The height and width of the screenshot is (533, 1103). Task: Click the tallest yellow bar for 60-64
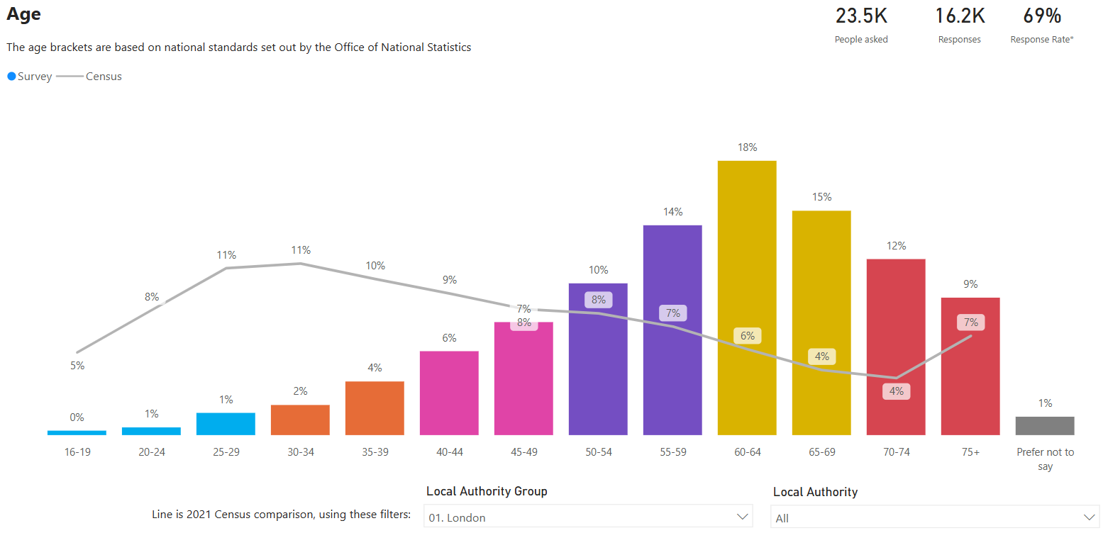click(x=747, y=248)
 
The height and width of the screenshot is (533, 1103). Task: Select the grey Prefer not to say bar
click(x=1045, y=425)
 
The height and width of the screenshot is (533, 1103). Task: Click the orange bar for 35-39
click(x=375, y=408)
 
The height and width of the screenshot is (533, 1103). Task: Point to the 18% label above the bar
click(x=747, y=147)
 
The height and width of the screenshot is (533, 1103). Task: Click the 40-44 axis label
click(x=449, y=452)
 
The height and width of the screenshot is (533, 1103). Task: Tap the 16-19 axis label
click(x=77, y=452)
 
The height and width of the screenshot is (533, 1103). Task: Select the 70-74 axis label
click(x=896, y=452)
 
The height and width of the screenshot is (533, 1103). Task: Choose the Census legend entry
click(x=103, y=77)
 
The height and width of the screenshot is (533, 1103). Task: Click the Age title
click(x=23, y=13)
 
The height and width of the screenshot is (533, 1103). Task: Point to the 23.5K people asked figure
click(x=861, y=16)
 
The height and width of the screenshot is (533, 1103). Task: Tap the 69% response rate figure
click(x=1042, y=16)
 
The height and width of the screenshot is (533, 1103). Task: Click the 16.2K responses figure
click(x=960, y=16)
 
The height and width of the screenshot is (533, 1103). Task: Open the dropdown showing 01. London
click(x=587, y=517)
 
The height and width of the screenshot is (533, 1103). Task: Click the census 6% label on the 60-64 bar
click(x=747, y=336)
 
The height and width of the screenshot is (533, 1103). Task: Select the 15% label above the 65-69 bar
click(x=821, y=197)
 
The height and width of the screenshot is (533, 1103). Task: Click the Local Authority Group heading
click(x=487, y=491)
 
